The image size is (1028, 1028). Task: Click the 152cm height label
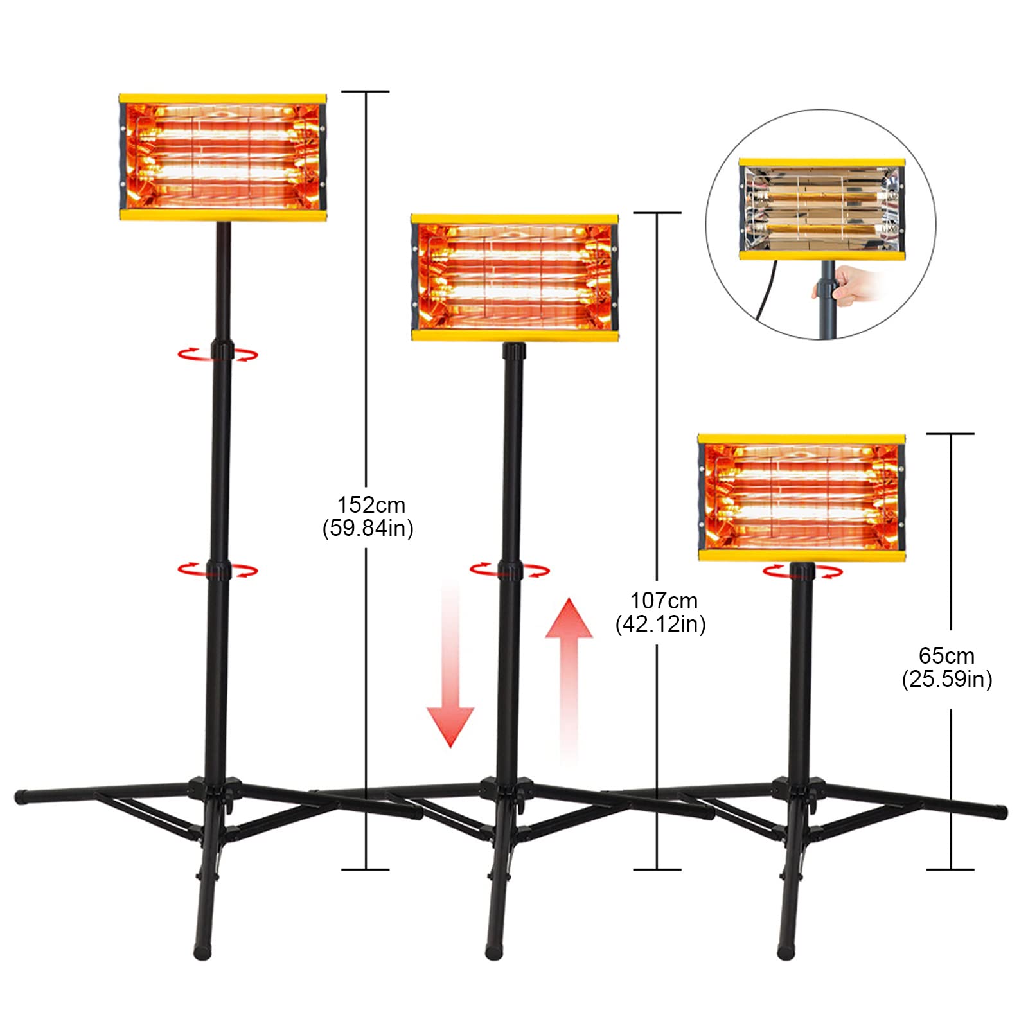pos(371,504)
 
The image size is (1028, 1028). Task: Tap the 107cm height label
pos(663,601)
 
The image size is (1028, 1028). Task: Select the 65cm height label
pos(946,656)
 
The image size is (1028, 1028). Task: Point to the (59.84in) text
pos(368,528)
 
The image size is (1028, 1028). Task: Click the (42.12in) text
pos(660,624)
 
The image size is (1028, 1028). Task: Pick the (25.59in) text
pos(946,679)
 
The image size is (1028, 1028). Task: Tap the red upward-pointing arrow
pos(569,675)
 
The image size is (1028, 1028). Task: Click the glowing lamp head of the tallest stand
pos(223,157)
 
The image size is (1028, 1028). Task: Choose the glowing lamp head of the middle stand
pos(514,278)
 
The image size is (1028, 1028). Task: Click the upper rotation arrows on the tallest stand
pos(218,353)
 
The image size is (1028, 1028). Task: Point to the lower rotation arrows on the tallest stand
pos(218,570)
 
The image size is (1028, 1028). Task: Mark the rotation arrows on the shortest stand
pos(802,571)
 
